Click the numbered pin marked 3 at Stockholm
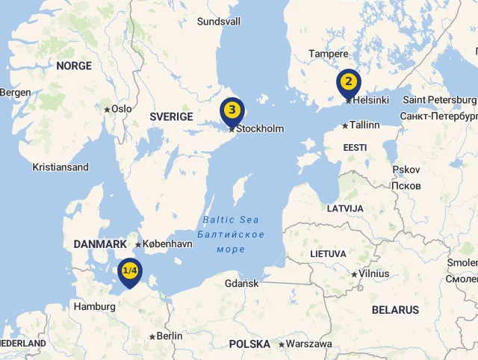pyautogui.click(x=232, y=111)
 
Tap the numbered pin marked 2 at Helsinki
pyautogui.click(x=348, y=81)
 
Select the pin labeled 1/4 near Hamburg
pyautogui.click(x=130, y=270)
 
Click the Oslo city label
pyautogui.click(x=122, y=109)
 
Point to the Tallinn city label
pyautogui.click(x=364, y=125)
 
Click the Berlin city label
pyautogui.click(x=170, y=336)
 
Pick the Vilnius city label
pyautogui.click(x=374, y=273)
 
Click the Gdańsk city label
pyautogui.click(x=242, y=283)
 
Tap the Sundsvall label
pyautogui.click(x=219, y=22)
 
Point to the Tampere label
pyautogui.click(x=329, y=54)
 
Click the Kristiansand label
pyautogui.click(x=60, y=167)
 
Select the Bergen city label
pyautogui.click(x=16, y=93)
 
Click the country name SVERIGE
pyautogui.click(x=171, y=117)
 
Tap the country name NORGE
pyautogui.click(x=74, y=66)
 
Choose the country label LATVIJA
pyautogui.click(x=345, y=208)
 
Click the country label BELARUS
pyautogui.click(x=395, y=309)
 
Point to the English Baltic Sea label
pyautogui.click(x=231, y=220)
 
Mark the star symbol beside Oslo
pyautogui.click(x=107, y=109)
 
